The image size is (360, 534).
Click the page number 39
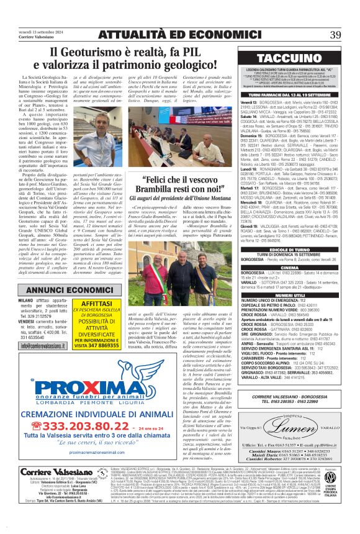(336, 34)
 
